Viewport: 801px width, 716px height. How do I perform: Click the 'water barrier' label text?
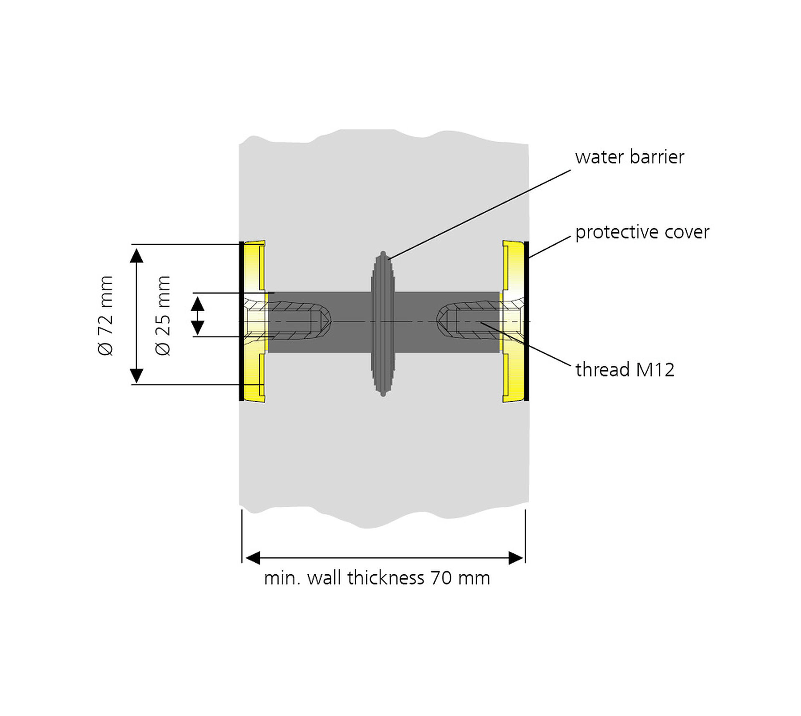click(x=629, y=157)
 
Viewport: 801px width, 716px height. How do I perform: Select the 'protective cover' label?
click(x=642, y=232)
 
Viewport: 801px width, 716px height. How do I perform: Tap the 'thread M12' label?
click(x=625, y=370)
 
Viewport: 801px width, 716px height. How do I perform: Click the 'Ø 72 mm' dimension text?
click(x=106, y=315)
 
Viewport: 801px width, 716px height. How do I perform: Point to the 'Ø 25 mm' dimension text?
click(x=163, y=315)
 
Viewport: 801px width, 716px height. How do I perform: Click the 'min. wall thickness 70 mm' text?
click(x=377, y=578)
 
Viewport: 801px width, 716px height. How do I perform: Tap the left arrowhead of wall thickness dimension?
click(x=253, y=558)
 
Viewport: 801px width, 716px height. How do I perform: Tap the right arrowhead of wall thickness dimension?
click(x=516, y=558)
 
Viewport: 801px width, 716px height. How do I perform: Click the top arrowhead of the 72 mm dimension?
click(x=136, y=255)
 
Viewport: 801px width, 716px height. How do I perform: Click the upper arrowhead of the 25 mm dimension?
click(x=198, y=303)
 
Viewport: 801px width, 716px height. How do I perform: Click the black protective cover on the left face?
click(x=241, y=321)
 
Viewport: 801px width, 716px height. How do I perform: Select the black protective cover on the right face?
click(x=526, y=321)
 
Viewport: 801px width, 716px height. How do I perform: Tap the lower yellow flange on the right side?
click(x=514, y=377)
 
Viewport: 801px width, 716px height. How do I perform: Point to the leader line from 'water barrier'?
click(x=480, y=215)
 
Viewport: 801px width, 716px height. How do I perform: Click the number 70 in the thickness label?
click(x=441, y=578)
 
